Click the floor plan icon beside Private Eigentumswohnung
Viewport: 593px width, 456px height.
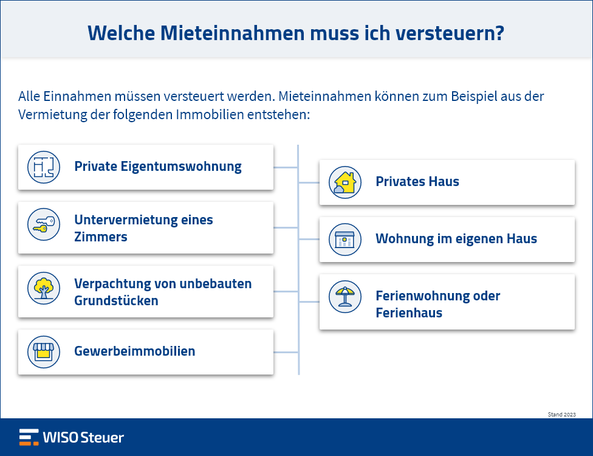pos(44,167)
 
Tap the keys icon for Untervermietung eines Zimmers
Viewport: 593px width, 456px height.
pos(44,224)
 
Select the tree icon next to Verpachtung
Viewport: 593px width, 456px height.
pos(44,288)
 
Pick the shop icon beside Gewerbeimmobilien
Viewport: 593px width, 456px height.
pos(44,352)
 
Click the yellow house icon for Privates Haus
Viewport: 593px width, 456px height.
pos(345,182)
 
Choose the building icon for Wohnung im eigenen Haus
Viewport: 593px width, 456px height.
pos(345,240)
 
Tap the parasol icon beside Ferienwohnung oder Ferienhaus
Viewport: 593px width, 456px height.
pos(345,297)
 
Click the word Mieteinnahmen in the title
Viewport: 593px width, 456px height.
pos(232,33)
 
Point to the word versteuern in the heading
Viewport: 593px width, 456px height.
pos(447,33)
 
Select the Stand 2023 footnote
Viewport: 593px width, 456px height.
pos(561,415)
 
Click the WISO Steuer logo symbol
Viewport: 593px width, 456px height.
pos(29,437)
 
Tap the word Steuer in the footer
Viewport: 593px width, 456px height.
pos(102,438)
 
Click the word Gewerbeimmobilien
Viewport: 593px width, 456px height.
pos(135,351)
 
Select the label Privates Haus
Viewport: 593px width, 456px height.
pos(417,182)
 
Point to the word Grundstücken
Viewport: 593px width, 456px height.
pos(116,301)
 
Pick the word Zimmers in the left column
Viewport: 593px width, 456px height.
pos(101,237)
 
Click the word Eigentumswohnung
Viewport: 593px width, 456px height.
pos(181,167)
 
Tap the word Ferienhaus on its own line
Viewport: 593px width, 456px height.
pos(409,313)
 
